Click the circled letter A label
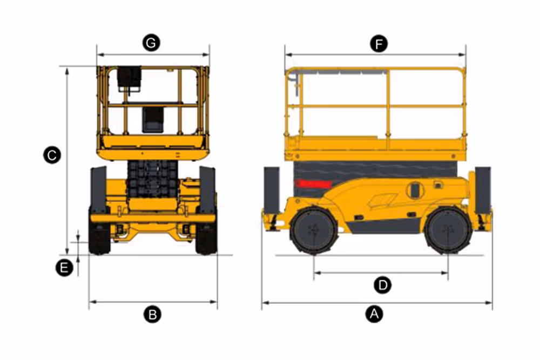coord(372,314)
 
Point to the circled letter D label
coord(382,285)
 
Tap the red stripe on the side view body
coord(312,185)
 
